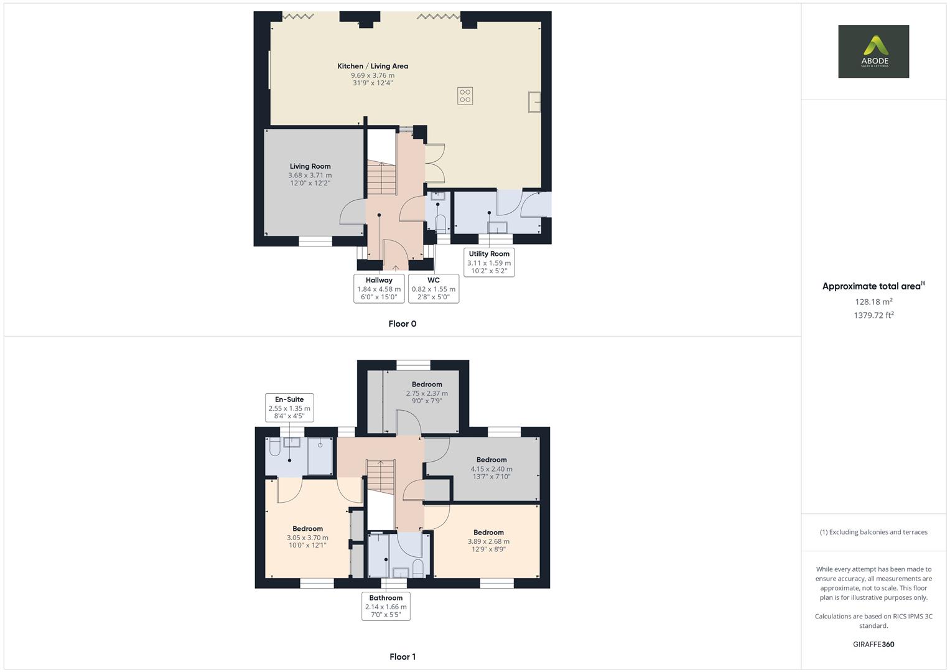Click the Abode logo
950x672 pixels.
point(873,51)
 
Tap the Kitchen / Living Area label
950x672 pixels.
point(373,66)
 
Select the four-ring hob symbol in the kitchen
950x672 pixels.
point(465,96)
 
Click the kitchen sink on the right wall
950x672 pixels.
point(534,102)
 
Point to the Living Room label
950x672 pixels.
point(310,166)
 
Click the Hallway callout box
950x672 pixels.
point(379,288)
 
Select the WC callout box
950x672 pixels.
point(434,288)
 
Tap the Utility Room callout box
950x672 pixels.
point(489,262)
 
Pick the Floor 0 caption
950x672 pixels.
point(402,324)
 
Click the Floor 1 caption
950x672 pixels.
point(402,656)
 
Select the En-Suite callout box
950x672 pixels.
point(289,408)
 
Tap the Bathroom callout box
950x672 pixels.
point(386,606)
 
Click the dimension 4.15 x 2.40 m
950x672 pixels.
point(491,469)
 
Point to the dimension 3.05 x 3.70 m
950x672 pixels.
point(307,538)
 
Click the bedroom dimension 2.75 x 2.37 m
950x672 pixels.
point(427,393)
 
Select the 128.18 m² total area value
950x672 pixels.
point(873,302)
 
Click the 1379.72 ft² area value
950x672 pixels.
point(873,315)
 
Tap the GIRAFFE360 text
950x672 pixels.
point(873,644)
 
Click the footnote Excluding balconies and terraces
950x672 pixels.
point(873,532)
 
